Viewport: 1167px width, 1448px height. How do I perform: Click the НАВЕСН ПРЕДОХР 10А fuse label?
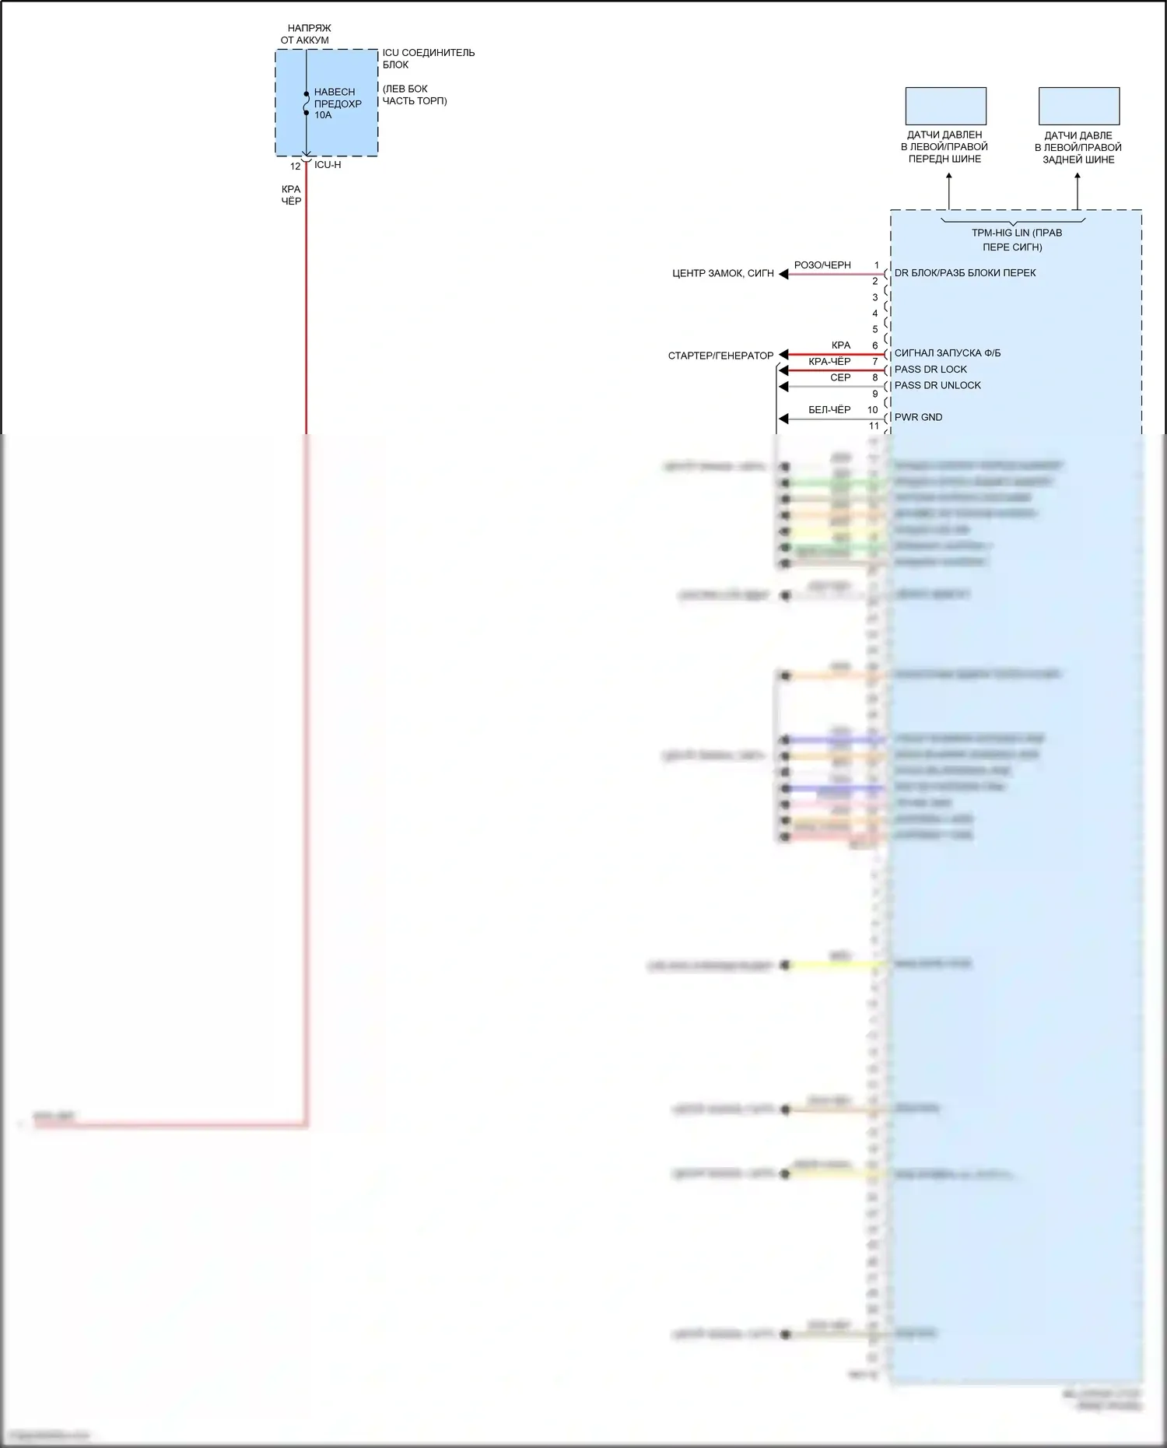tap(337, 103)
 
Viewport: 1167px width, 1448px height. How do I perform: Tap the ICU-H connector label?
tap(328, 165)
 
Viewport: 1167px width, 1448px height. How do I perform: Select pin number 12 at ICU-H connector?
tap(296, 167)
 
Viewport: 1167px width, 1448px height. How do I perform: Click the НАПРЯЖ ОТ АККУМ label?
tap(307, 34)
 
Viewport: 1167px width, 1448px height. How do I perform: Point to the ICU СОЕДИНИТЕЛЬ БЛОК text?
tap(428, 58)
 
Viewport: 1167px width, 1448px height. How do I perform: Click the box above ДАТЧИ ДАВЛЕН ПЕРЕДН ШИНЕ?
tap(945, 106)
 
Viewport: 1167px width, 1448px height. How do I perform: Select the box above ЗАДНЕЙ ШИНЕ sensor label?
tap(1079, 106)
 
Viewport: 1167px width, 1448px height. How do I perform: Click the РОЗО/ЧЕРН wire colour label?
tap(822, 265)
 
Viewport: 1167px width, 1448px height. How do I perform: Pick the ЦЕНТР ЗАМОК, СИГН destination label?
tap(723, 274)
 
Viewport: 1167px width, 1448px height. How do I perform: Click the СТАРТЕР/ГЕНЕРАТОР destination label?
tap(720, 356)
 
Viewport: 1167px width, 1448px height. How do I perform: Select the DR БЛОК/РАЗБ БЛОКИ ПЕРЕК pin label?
tap(965, 273)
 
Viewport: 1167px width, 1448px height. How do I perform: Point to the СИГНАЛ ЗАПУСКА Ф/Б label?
tap(948, 353)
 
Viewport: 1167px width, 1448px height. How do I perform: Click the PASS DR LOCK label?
tap(930, 370)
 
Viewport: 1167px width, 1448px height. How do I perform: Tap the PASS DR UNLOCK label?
tap(937, 385)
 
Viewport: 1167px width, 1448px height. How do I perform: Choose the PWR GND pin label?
tap(918, 417)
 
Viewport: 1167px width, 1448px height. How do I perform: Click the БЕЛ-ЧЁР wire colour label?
tap(829, 410)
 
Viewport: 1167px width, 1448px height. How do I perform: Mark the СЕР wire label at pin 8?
tap(840, 378)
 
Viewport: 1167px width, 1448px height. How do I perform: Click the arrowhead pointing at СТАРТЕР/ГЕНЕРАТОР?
tap(784, 355)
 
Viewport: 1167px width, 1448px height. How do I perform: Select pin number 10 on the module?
tap(873, 410)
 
